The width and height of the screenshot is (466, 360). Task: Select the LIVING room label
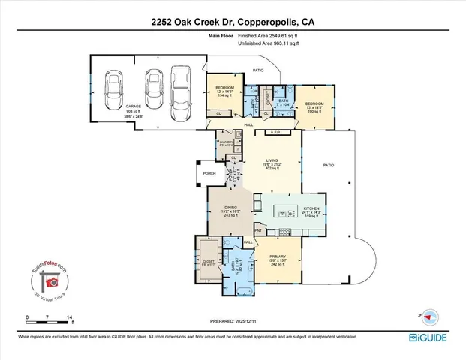click(x=277, y=159)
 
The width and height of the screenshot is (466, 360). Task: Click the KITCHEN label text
click(x=311, y=208)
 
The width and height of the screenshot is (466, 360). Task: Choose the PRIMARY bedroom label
click(x=278, y=255)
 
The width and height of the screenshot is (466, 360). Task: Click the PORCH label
click(x=209, y=173)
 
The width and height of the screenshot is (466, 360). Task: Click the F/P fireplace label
click(x=277, y=132)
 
